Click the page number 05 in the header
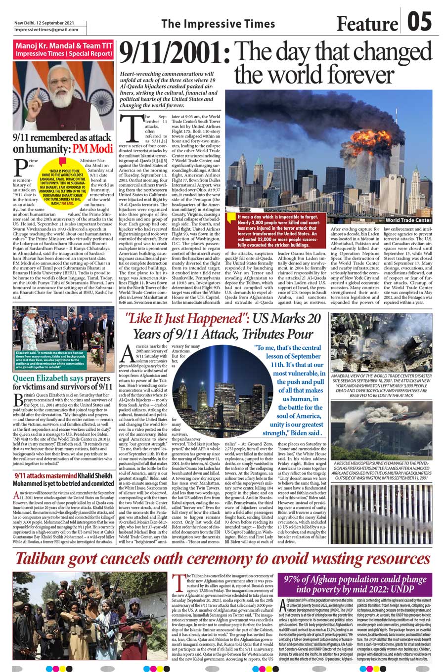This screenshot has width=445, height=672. [x=419, y=22]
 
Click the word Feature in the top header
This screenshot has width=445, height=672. [x=367, y=23]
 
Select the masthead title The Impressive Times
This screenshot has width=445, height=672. [x=211, y=23]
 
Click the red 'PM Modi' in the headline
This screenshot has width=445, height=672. [x=93, y=149]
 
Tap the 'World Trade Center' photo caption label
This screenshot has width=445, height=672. [x=408, y=220]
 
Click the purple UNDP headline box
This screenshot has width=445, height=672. [x=355, y=585]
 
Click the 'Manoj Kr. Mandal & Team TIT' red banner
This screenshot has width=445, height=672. [x=63, y=49]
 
